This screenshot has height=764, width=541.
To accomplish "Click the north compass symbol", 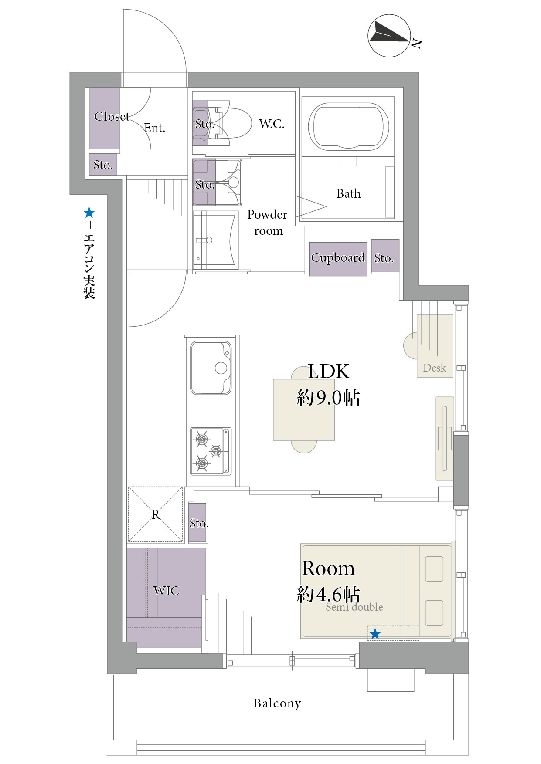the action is coord(389,36).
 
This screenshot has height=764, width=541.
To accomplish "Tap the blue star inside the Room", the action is coord(375,634).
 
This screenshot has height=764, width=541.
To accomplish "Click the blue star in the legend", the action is coord(89,213).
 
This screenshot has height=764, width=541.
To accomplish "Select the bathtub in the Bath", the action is coord(348,126).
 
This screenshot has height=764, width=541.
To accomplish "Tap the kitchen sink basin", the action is coord(211,368).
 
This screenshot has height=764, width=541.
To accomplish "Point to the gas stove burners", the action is coord(211,451).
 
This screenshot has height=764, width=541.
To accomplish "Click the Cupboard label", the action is coord(338,257).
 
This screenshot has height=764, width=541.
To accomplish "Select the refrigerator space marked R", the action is coord(155,514).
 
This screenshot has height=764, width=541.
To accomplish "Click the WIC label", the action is coord(166,591).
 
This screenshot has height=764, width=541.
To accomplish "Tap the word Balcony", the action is coord(277,703).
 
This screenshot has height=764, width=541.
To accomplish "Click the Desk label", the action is coord(435,368).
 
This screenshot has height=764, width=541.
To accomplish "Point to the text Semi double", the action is coord(354,607).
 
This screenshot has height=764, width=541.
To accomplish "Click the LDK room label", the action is coord(328,372).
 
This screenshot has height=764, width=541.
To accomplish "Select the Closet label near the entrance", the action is coord(112,116).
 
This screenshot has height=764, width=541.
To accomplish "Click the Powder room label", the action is coord(268,223).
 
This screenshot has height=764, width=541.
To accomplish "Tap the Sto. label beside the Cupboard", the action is coord(384,258).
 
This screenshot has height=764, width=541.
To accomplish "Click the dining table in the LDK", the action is coord(304,410).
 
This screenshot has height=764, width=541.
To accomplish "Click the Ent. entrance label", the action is coord(154,128).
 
